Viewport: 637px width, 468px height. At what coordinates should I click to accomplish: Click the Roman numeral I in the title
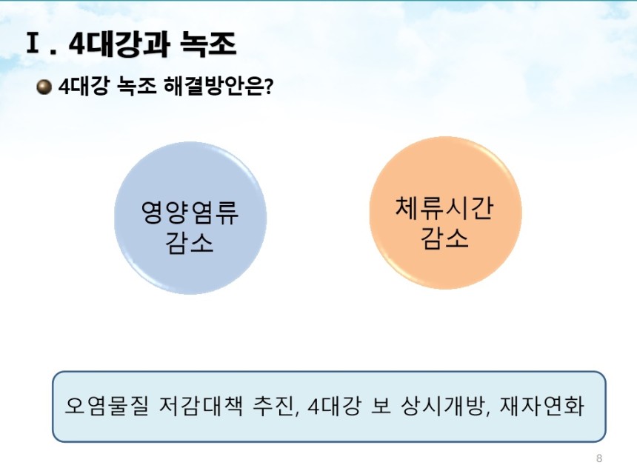click(33, 43)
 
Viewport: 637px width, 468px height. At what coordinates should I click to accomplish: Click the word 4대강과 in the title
click(119, 44)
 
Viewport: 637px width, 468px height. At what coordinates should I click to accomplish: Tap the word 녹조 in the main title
click(208, 44)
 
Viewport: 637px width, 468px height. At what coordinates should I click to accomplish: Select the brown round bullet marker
click(44, 87)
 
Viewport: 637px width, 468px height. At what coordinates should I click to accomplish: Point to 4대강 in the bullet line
click(84, 87)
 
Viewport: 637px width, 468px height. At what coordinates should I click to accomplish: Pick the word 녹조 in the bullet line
click(136, 87)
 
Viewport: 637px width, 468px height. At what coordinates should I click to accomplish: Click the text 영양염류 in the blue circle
click(190, 213)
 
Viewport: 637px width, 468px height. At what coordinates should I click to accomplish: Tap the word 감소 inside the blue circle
click(190, 244)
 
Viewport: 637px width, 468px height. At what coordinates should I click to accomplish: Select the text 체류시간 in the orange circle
click(444, 207)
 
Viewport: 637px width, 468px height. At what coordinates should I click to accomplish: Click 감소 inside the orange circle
click(444, 238)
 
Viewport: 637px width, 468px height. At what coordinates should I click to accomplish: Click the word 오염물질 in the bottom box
click(107, 406)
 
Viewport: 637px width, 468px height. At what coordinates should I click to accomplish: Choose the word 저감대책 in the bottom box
click(201, 406)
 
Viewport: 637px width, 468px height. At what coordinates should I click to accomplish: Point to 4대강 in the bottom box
click(334, 406)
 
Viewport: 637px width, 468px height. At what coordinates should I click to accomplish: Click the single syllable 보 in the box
click(381, 406)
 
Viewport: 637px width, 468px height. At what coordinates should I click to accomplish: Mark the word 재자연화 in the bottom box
click(542, 406)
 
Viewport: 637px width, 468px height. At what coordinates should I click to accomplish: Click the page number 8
click(598, 458)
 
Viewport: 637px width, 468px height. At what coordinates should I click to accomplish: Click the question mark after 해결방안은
click(269, 87)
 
